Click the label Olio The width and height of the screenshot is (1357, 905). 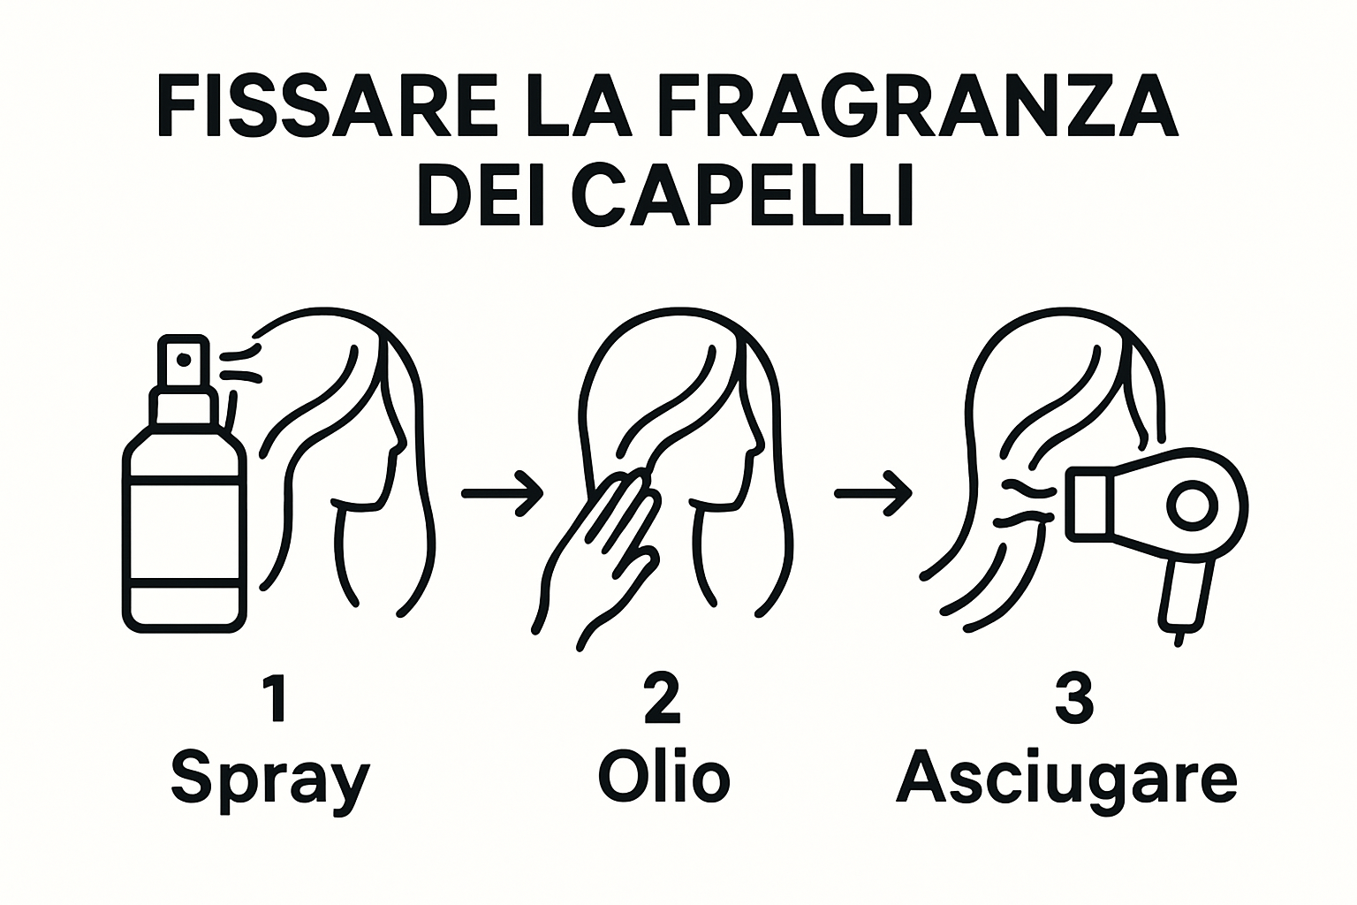click(x=664, y=777)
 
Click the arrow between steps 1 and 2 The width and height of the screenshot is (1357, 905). click(x=502, y=493)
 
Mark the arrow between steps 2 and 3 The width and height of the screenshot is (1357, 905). click(x=873, y=493)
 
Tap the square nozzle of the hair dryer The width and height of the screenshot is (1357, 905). click(x=1088, y=505)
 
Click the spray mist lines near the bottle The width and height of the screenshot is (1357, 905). click(x=242, y=364)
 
